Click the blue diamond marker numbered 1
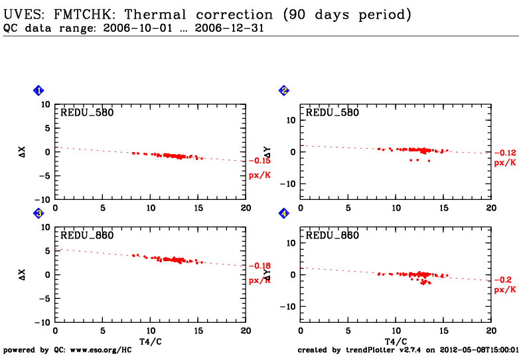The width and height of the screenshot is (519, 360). [38, 90]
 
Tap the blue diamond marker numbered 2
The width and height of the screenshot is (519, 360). [284, 90]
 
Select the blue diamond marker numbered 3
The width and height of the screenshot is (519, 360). [38, 213]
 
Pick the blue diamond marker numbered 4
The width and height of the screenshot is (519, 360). [284, 213]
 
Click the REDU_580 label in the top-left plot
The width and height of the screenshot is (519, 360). [87, 113]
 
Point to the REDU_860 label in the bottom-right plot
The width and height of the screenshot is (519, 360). [332, 236]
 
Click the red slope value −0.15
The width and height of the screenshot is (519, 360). [259, 161]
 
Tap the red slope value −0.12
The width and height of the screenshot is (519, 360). [504, 153]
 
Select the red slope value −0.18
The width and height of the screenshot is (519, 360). [259, 266]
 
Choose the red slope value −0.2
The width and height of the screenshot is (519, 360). [502, 280]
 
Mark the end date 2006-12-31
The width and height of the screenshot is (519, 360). [224, 28]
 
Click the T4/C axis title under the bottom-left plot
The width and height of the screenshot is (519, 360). [150, 341]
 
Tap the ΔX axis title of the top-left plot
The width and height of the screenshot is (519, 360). [23, 151]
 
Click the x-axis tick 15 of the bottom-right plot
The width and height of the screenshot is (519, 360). [443, 331]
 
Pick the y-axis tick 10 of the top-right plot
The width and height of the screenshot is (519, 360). [291, 120]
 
